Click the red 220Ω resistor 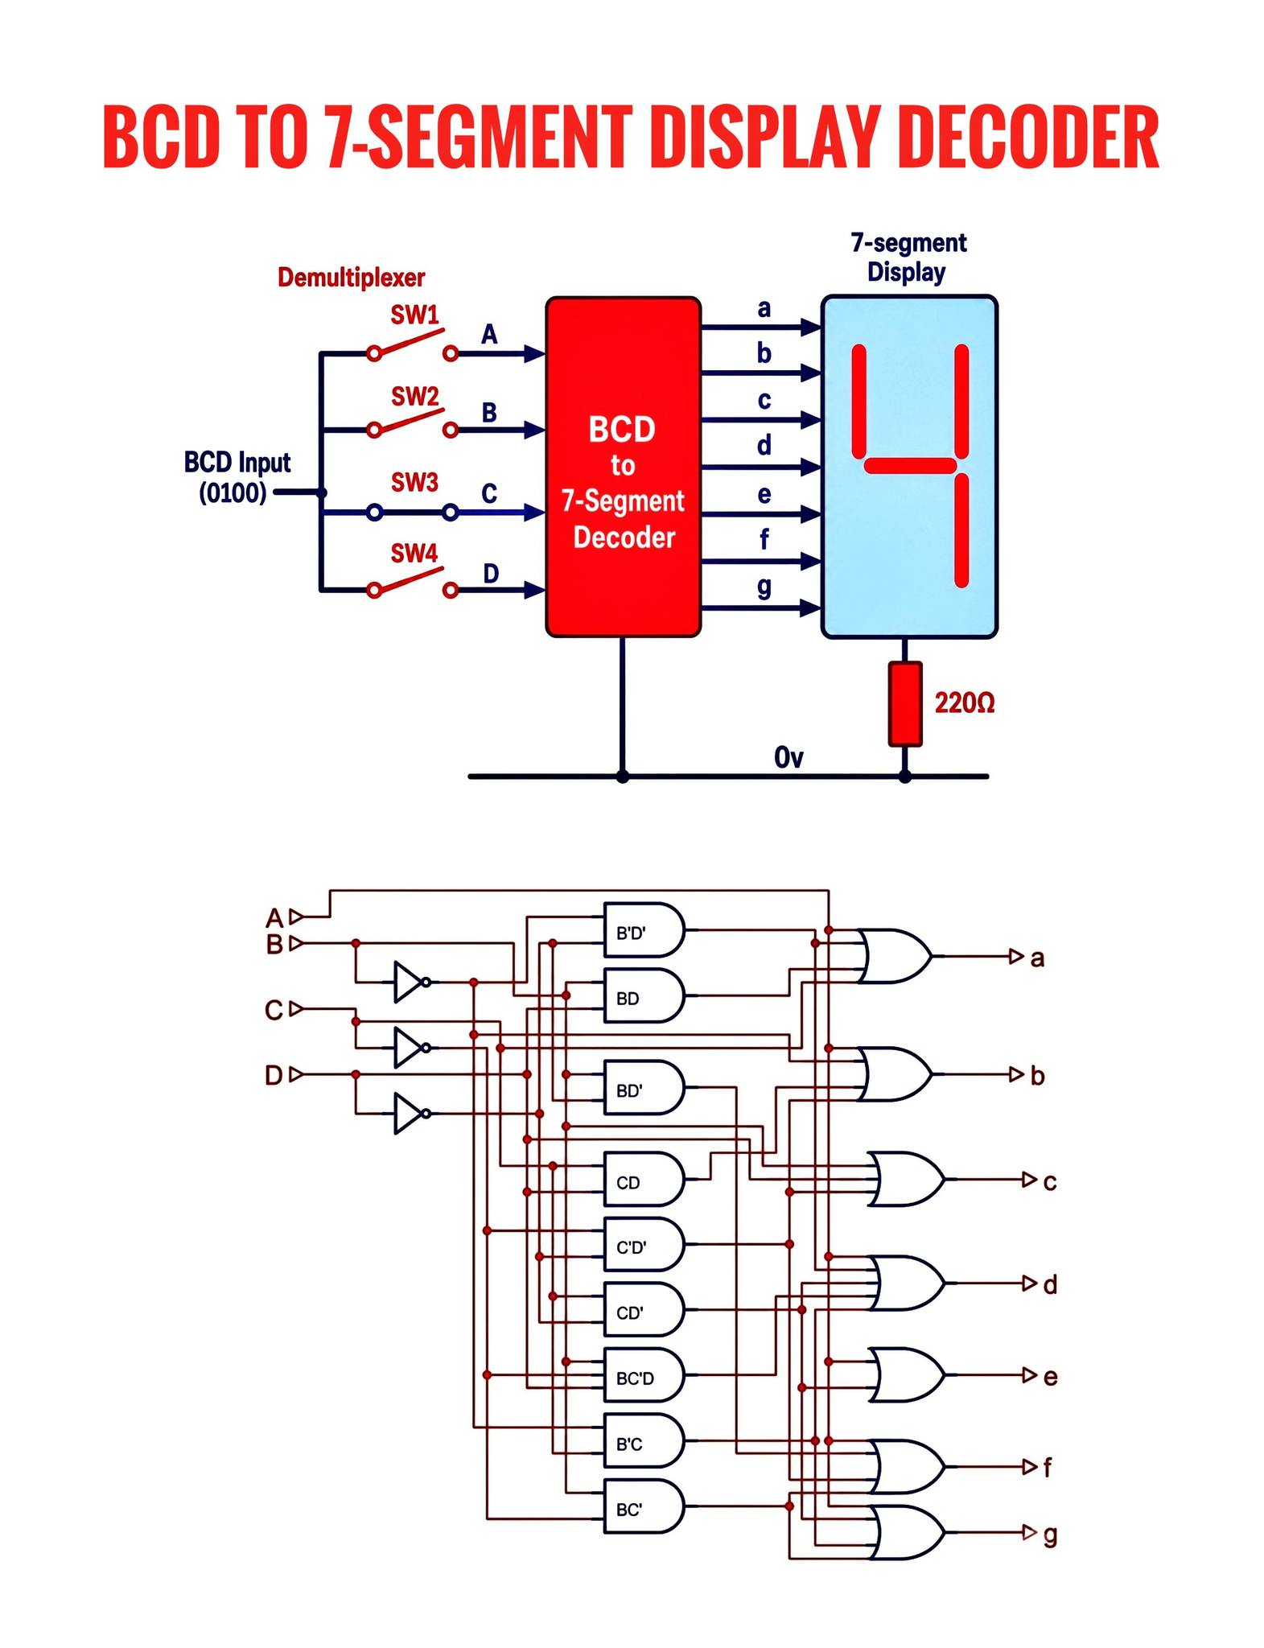904,704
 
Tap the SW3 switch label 414,482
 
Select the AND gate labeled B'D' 644,929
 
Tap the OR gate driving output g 907,1533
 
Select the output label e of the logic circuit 1050,1377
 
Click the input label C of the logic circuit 274,1010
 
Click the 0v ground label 788,757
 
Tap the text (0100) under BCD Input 233,492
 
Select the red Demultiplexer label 351,278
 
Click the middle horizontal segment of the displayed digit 910,466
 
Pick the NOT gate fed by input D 412,1114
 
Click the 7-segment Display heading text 908,257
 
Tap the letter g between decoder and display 764,587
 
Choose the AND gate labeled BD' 644,1087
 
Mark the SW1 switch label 415,314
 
